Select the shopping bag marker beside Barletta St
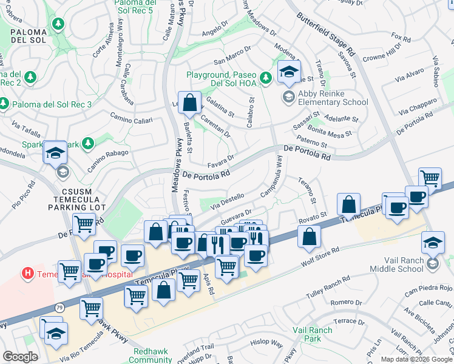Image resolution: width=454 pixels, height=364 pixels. [x=189, y=103]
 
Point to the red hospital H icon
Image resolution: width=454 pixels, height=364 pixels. [x=27, y=274]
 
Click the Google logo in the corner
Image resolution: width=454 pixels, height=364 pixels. [x=21, y=357]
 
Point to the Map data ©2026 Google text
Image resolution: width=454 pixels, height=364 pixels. [x=416, y=359]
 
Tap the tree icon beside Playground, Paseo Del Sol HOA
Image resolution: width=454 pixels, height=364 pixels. [x=265, y=77]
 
